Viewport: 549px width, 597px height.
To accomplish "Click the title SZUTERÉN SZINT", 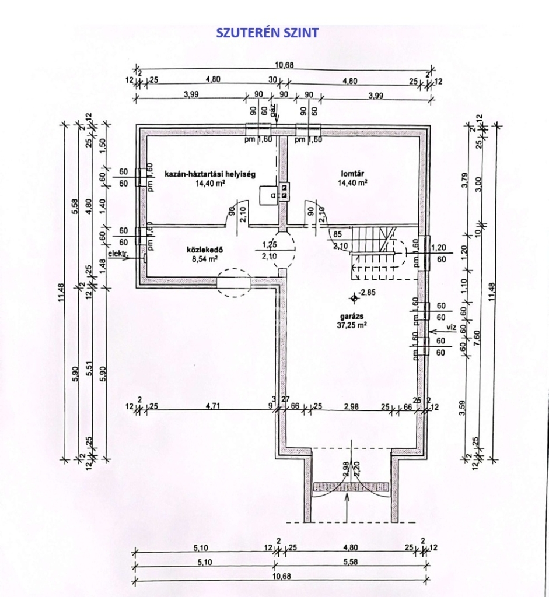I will coord(267,33).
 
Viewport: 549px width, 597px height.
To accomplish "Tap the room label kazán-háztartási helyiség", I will coord(211,174).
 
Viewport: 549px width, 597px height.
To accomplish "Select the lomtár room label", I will coord(354,173).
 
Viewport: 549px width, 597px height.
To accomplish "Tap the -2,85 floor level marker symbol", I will coord(353,298).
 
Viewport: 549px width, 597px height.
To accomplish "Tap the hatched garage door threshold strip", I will coord(351,486).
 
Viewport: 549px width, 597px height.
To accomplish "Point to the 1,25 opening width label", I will coord(269,245).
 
